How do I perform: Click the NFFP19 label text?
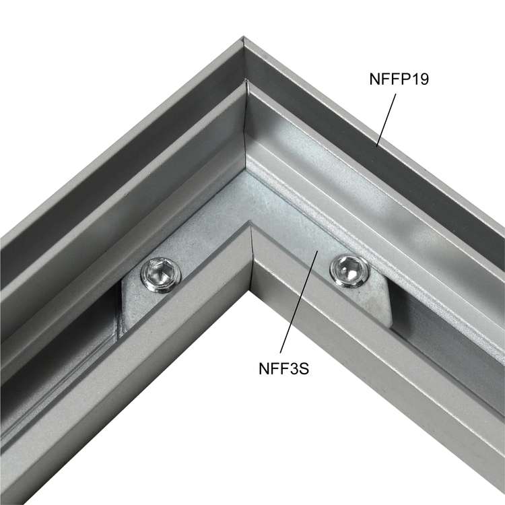(399, 79)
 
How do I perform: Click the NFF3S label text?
(283, 369)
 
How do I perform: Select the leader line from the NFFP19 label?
(386, 120)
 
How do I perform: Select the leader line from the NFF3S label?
(299, 302)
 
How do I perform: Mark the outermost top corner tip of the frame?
(242, 37)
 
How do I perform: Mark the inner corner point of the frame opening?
(249, 290)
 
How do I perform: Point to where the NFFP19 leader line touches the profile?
(376, 146)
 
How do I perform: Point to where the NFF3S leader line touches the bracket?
(319, 250)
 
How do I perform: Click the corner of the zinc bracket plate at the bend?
(247, 172)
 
